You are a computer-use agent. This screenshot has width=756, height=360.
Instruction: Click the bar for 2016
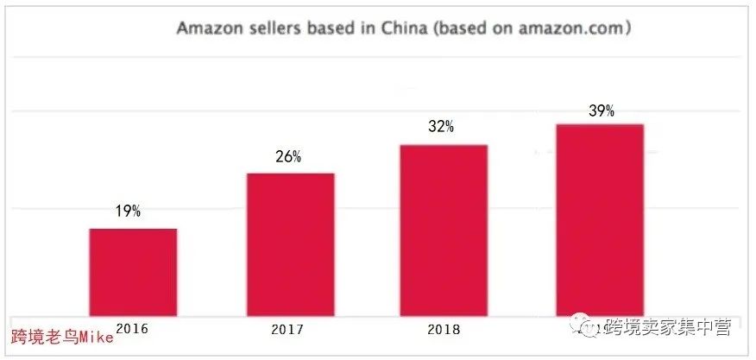tap(133, 271)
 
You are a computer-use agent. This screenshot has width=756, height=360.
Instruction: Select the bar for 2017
tap(290, 243)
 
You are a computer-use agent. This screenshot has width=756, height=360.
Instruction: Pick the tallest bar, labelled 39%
tap(600, 219)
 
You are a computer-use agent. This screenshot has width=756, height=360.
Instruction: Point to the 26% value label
tap(287, 156)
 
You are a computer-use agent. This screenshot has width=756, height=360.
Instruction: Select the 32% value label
tap(440, 126)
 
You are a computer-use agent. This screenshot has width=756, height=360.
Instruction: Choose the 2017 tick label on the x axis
tap(287, 329)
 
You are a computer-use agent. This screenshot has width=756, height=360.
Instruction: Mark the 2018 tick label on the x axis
tap(443, 329)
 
